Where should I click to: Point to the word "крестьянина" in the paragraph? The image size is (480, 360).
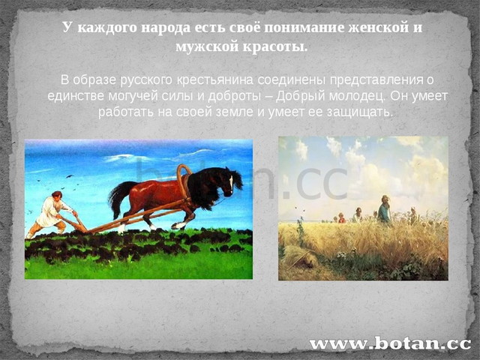215,80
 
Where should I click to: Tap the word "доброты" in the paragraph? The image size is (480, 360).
234,97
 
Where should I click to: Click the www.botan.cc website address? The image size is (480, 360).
390,343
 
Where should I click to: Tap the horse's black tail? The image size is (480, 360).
118,198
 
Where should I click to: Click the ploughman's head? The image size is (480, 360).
57,195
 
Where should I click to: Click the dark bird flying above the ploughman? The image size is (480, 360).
70,176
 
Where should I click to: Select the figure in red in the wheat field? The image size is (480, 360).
342,217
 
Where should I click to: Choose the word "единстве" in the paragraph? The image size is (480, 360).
76,97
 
